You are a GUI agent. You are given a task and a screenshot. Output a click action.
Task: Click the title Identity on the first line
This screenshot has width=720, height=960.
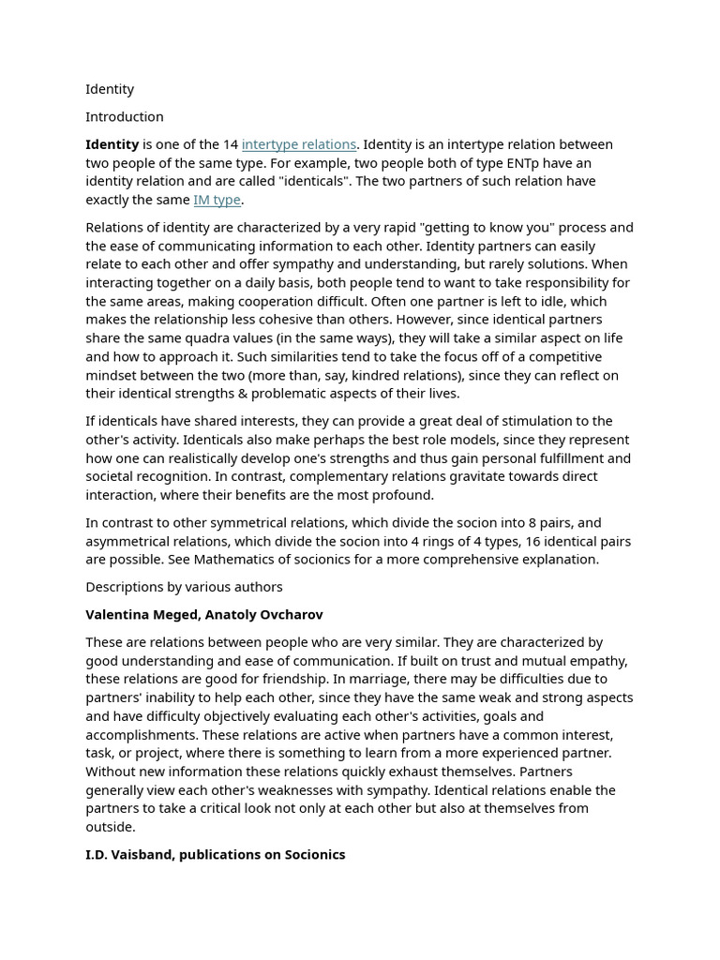110,89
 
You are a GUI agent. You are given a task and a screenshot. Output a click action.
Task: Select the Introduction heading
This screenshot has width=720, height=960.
124,117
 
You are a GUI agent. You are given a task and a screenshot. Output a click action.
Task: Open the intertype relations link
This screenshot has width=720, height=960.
298,144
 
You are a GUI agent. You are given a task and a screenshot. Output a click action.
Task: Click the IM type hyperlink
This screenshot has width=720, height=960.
217,200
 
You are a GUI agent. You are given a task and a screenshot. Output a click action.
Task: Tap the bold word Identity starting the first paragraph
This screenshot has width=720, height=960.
112,144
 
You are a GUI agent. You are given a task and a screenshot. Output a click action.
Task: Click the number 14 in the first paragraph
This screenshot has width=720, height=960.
230,144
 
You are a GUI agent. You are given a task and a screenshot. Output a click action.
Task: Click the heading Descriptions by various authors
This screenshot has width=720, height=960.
184,587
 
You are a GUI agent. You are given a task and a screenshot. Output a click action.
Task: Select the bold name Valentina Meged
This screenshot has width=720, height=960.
141,615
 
